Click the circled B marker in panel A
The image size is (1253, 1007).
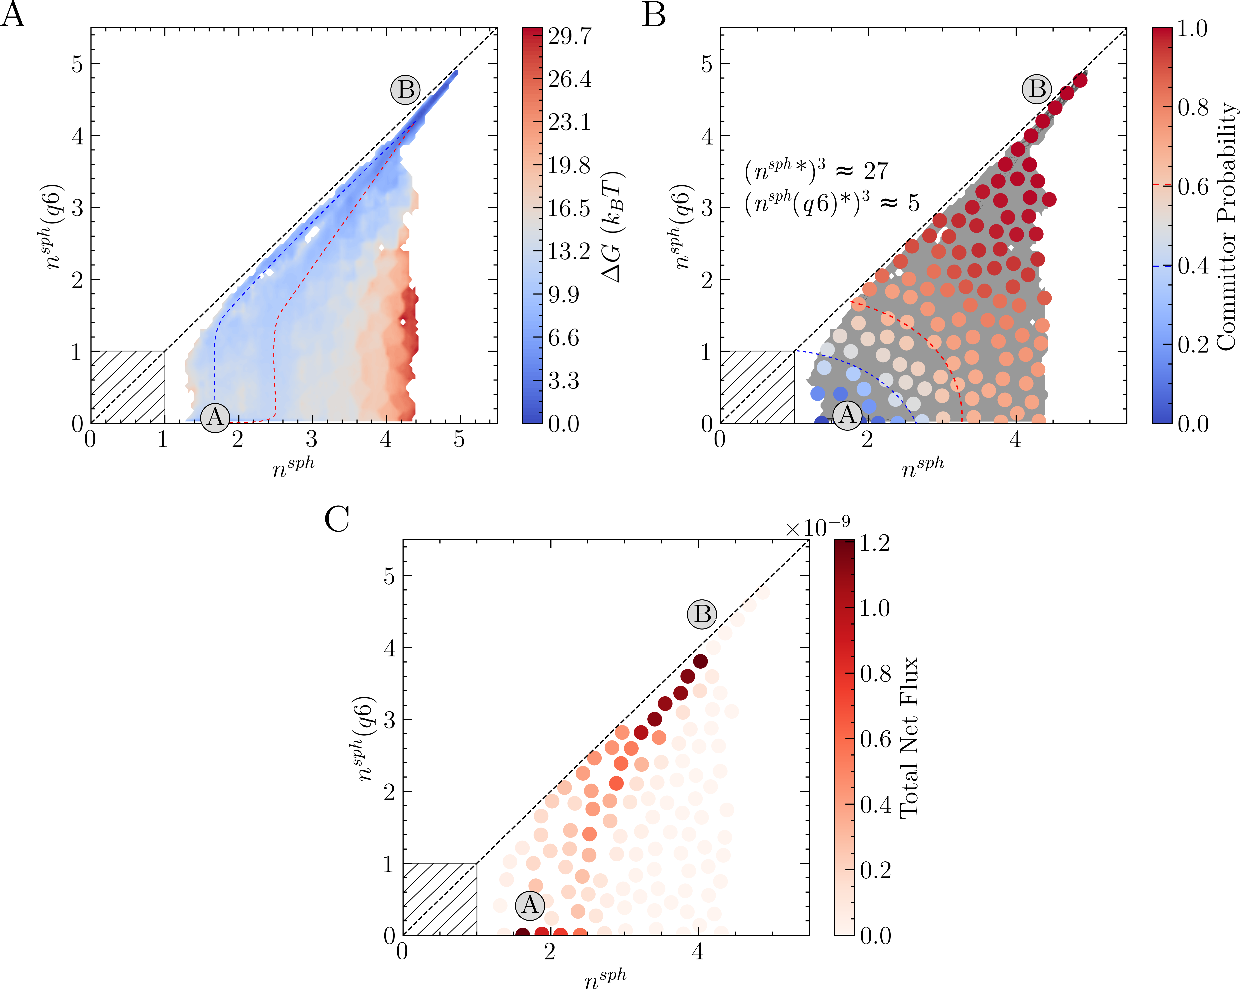[x=405, y=90]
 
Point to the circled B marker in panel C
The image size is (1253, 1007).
[x=702, y=614]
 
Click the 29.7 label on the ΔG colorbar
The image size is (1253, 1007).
[x=570, y=36]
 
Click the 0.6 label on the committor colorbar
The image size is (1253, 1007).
[x=1193, y=186]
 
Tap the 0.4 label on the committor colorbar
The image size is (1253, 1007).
[x=1193, y=265]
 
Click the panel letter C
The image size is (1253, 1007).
[x=337, y=519]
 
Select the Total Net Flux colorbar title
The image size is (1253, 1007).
[x=908, y=738]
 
